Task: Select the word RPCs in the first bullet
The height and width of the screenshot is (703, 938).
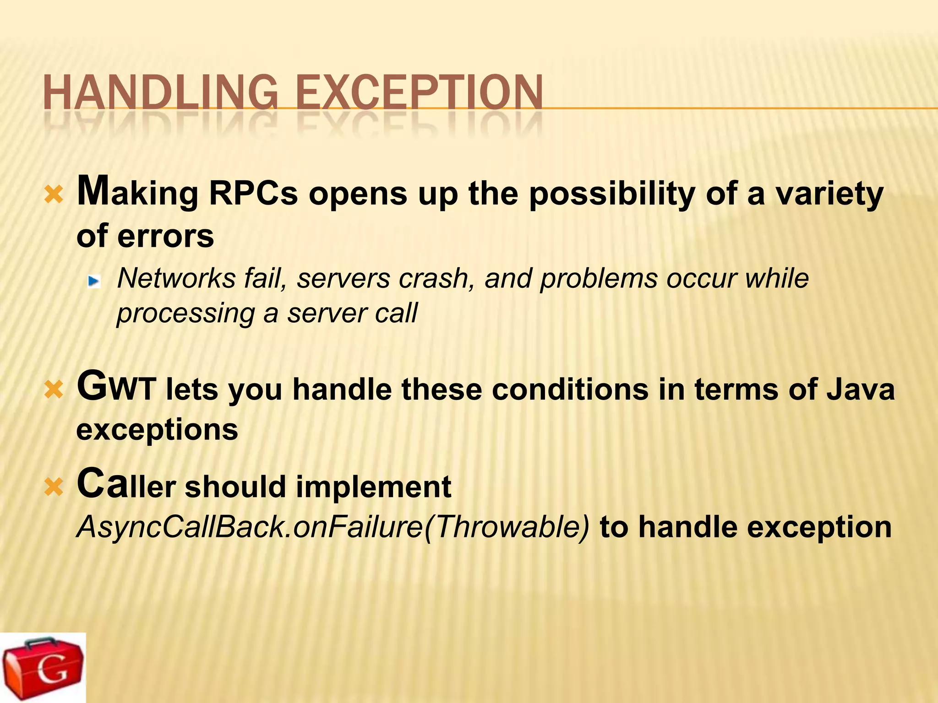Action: (x=253, y=193)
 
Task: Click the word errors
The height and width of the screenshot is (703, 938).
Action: (x=165, y=236)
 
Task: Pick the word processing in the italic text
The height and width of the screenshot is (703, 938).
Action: (x=185, y=314)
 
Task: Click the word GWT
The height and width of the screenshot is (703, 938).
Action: (x=116, y=388)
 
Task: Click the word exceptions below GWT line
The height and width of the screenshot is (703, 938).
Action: (x=157, y=431)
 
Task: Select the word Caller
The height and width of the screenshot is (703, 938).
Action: (x=126, y=485)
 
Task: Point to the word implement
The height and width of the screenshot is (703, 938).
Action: (x=373, y=487)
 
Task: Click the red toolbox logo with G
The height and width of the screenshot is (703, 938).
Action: (x=43, y=668)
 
